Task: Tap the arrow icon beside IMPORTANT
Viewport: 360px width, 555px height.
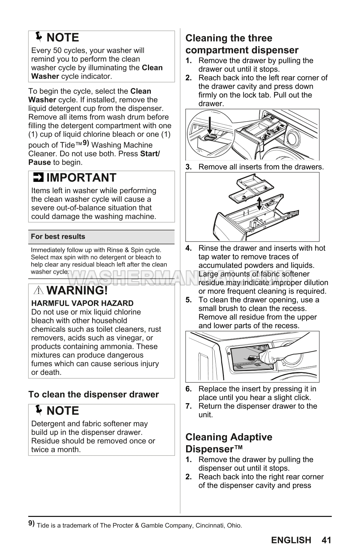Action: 37,178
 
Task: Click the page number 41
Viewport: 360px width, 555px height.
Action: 326,540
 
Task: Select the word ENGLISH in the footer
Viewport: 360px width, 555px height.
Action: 291,540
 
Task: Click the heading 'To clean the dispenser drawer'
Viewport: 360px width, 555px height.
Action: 94,394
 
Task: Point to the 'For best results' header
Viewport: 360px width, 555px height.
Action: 58,237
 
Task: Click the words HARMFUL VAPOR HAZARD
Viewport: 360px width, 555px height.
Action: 82,303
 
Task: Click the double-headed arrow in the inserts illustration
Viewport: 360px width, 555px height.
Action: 259,203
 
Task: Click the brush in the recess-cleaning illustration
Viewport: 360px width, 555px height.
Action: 252,358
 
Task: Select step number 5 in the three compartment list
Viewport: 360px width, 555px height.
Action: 189,300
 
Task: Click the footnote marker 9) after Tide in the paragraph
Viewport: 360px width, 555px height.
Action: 86,143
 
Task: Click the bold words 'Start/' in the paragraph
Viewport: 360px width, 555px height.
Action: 150,154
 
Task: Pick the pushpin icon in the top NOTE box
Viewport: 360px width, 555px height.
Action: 39,36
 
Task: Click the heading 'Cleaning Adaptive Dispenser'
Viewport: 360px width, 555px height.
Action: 229,443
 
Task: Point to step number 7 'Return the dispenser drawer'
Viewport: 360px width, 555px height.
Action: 189,406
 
